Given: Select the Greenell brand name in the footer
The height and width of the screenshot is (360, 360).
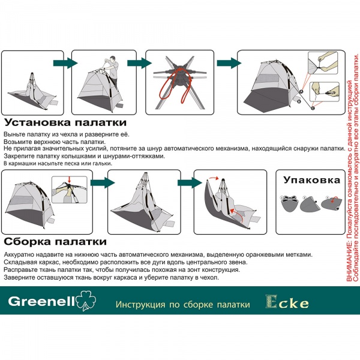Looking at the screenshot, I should tap(40, 302).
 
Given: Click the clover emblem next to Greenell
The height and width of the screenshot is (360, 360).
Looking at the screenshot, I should tap(86, 302).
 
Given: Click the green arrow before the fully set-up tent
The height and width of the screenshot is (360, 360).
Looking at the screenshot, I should tap(224, 63).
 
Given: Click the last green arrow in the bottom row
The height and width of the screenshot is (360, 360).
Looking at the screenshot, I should tap(184, 182).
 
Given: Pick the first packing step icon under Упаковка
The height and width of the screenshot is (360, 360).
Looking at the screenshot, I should tap(290, 203).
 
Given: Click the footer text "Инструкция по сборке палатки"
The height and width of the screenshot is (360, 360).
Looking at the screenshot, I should tap(182, 305).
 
